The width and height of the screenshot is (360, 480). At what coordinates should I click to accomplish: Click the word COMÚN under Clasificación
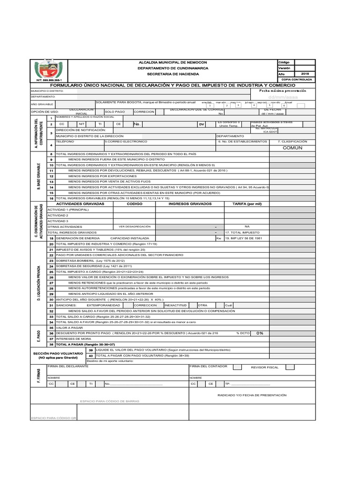coord(292,147)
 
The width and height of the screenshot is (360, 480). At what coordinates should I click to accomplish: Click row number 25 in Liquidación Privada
coord(52,272)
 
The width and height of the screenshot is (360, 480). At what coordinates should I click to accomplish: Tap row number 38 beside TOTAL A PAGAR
coord(52,344)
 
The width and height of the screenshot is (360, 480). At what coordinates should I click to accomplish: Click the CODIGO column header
coord(134,204)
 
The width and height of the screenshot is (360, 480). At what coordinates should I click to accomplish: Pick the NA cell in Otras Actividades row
coord(247,226)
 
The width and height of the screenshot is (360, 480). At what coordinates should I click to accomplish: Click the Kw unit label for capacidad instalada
coord(218,238)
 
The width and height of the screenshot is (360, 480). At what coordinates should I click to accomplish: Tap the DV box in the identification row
coord(202,124)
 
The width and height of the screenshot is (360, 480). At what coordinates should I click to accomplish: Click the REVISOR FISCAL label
coord(265,368)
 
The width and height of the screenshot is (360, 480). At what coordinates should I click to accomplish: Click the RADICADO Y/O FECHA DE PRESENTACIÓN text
coord(252,395)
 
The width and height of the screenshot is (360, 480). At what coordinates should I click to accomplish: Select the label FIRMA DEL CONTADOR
coord(208,366)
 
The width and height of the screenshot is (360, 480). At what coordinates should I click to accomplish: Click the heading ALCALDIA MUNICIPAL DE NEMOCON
coord(169,62)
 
